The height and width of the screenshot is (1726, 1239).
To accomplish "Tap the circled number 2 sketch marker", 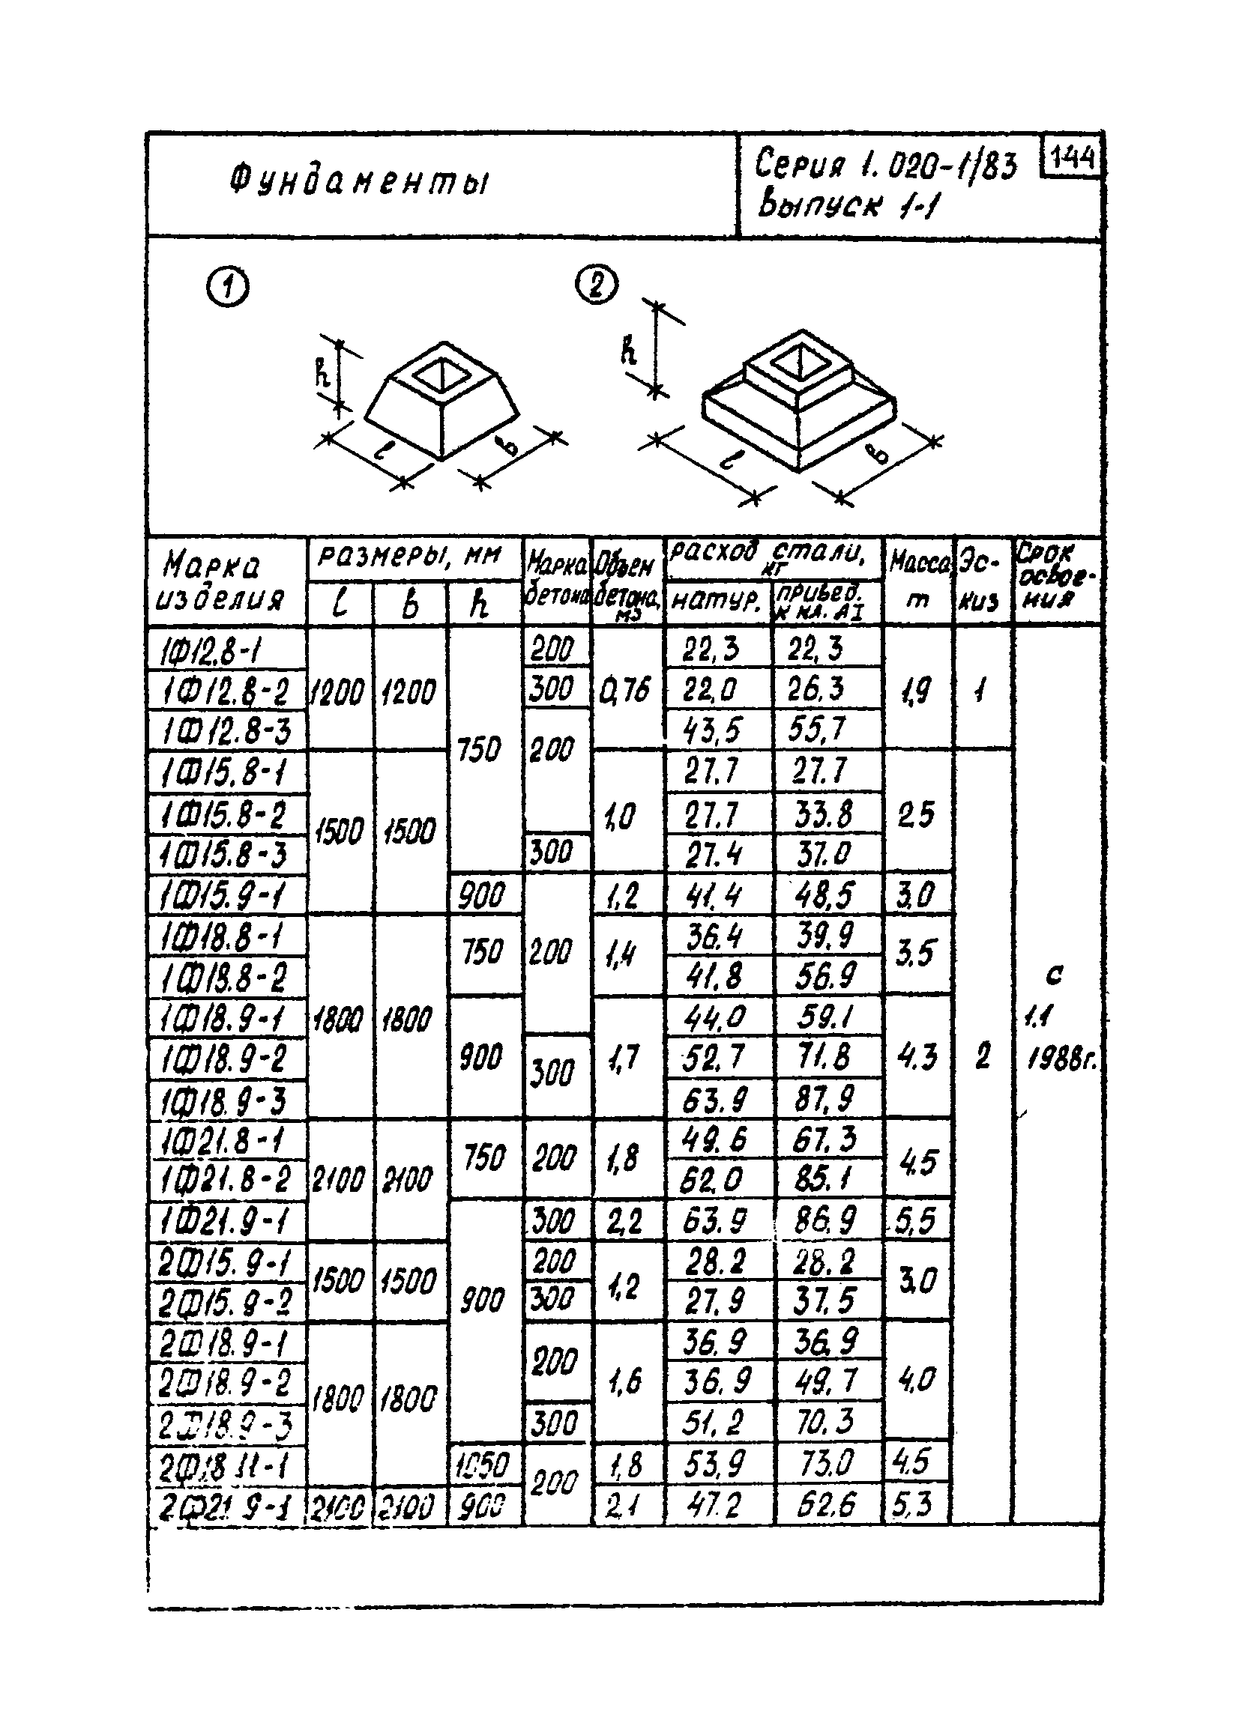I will pyautogui.click(x=597, y=286).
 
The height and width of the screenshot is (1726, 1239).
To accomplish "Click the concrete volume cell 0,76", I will pyautogui.click(x=626, y=689).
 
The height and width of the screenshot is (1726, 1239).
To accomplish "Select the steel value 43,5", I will pyautogui.click(x=714, y=730).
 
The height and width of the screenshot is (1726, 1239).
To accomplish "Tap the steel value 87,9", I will pyautogui.click(x=826, y=1099).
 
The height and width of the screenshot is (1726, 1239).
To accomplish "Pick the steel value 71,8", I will pyautogui.click(x=826, y=1058).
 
